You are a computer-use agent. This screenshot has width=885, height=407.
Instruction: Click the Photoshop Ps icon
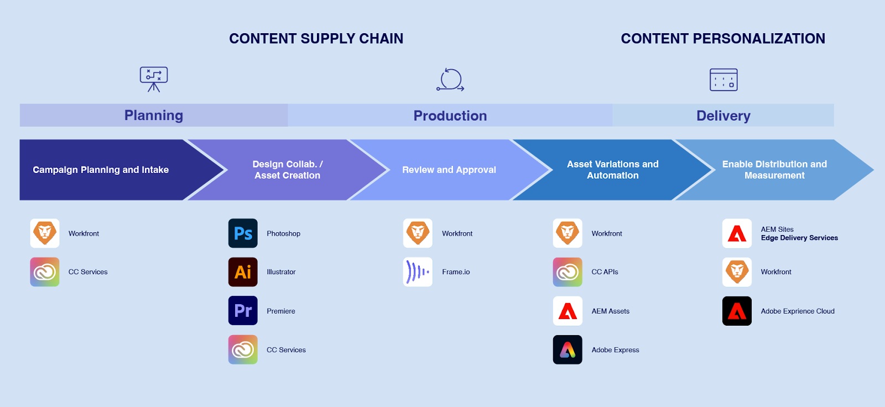coord(243,233)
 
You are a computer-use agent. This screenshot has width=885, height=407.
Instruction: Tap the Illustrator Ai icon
coord(243,272)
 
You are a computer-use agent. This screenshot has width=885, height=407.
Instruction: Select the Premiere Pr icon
coord(243,311)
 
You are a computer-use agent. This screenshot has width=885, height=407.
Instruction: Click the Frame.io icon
coord(418,272)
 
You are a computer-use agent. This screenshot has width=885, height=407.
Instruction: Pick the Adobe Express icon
coord(568,349)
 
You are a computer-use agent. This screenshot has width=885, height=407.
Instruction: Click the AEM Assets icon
coord(568,311)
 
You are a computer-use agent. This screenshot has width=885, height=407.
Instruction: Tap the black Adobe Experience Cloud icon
coord(737,311)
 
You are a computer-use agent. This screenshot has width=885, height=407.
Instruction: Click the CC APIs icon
coord(568,272)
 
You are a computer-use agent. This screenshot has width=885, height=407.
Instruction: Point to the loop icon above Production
coord(450,80)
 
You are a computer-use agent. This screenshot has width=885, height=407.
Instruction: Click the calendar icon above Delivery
coord(723,80)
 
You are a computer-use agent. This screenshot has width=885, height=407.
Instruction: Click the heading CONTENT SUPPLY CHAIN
coord(316,39)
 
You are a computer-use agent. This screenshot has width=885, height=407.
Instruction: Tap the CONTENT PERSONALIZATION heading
coord(723,39)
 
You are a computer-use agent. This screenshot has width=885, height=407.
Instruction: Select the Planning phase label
coord(154,115)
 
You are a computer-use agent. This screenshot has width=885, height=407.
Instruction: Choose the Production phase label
coord(450,116)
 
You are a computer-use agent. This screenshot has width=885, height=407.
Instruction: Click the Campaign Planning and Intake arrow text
coord(101,170)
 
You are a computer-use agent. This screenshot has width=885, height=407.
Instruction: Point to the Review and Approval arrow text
coord(449,170)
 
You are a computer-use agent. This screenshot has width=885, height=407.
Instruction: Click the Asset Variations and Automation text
coord(613,170)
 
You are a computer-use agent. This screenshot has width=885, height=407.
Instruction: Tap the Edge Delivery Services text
coord(799,238)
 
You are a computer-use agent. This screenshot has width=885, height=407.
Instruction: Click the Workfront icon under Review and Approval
coord(418,233)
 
